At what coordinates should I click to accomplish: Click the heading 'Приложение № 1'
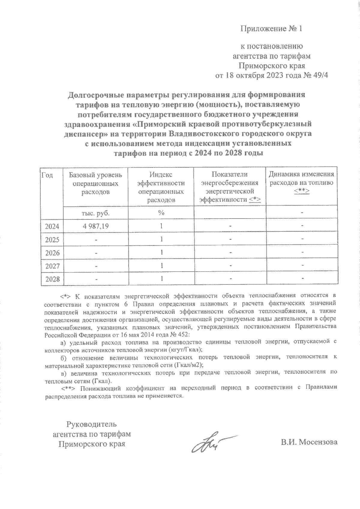[271, 29]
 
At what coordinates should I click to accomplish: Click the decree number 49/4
[321, 76]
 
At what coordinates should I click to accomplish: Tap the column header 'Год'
[47, 175]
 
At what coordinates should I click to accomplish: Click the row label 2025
[52, 240]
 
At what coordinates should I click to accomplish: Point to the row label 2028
[52, 279]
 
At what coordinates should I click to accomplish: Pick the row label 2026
[52, 253]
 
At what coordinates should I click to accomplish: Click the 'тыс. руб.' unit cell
[95, 213]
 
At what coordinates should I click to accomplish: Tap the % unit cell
[161, 213]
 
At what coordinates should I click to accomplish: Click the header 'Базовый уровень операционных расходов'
[95, 183]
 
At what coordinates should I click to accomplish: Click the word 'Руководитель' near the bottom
[91, 424]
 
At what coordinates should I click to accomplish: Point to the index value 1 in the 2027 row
[161, 266]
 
